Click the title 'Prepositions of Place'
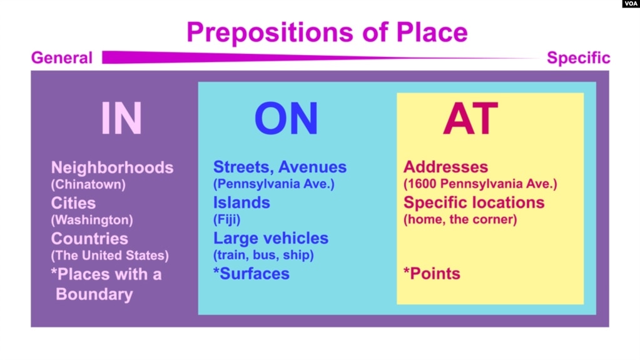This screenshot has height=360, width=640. pos(327,33)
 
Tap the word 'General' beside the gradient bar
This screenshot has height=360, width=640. pos(62,58)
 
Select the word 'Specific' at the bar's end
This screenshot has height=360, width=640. pos(578,58)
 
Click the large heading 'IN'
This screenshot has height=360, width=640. pos(121,118)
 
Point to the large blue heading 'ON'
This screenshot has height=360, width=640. pos(286,118)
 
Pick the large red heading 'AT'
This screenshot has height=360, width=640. pos(470,118)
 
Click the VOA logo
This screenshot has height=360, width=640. pos(631,4)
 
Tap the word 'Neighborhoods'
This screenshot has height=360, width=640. pos(112,168)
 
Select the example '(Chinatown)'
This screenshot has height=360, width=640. pos(88,184)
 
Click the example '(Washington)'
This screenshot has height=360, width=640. pos(92,220)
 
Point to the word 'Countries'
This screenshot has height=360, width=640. pos(89,239)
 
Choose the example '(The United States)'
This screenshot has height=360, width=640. pos(110,255)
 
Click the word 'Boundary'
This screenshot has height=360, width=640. pos(94,294)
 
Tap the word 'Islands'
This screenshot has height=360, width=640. pos(241,203)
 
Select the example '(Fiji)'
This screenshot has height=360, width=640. pos(226,219)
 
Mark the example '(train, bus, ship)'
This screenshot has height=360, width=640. pos(263,255)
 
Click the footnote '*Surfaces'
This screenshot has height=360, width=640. pos(251,274)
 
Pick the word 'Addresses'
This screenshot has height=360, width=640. pos(445,167)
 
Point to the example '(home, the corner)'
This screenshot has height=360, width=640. pos(460,219)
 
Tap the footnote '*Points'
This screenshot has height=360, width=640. pos(432,274)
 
